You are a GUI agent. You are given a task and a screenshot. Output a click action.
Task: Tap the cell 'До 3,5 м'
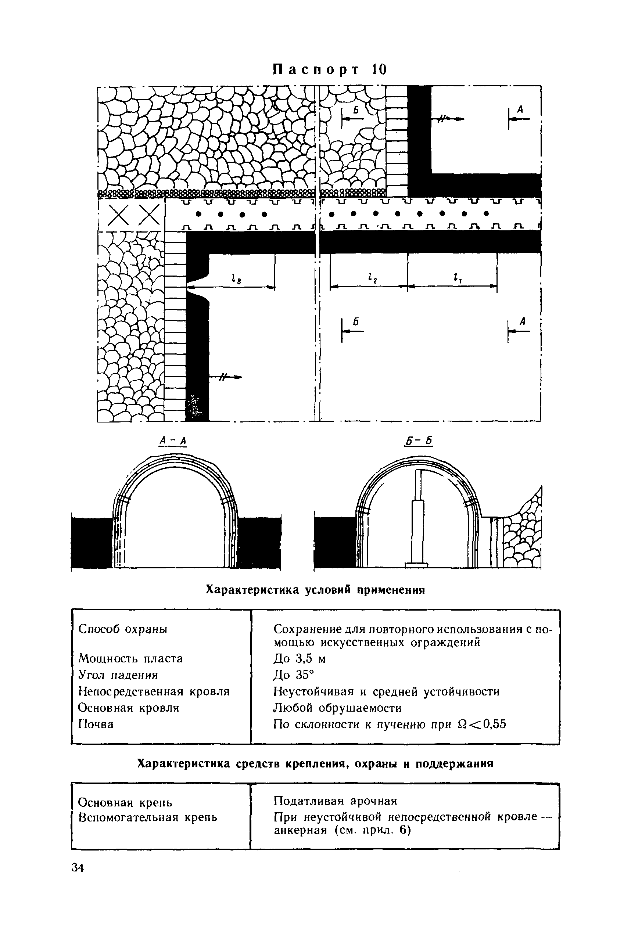click(300, 659)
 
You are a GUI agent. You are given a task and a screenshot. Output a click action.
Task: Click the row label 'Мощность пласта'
click(130, 659)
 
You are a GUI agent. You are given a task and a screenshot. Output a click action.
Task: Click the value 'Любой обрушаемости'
click(337, 708)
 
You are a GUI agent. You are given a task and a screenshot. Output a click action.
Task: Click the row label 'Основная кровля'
click(128, 708)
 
